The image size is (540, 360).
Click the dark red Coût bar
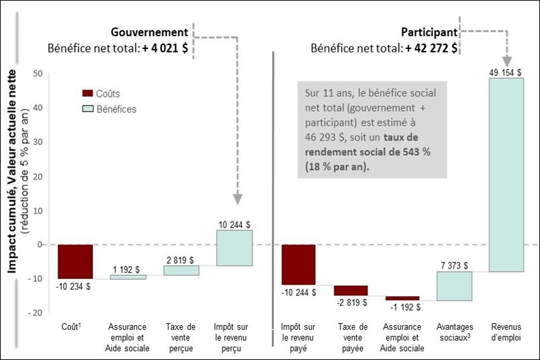[x=75, y=261]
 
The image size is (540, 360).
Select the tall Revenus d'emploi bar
[x=506, y=175]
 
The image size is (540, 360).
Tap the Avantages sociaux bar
[x=453, y=286]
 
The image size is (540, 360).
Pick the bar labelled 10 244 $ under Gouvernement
[x=234, y=248]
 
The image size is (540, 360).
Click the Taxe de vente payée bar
[x=351, y=290]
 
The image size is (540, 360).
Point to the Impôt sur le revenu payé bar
[x=298, y=265]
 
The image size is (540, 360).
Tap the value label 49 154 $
[x=506, y=72]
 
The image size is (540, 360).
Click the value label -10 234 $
[x=74, y=285]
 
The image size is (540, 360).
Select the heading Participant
[x=429, y=32]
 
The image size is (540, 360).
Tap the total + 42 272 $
[x=431, y=48]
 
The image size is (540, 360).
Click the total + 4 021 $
[x=164, y=48]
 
